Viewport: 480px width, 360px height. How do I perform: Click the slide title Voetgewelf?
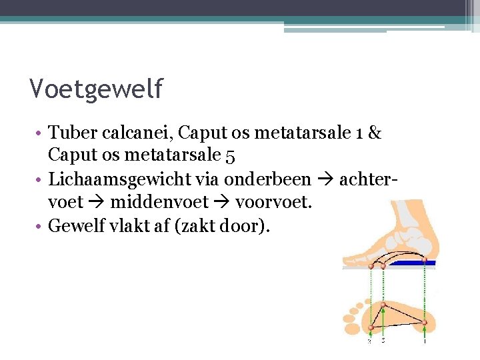96,88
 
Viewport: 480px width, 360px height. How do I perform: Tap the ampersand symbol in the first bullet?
374,133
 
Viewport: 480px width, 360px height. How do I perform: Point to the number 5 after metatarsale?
230,157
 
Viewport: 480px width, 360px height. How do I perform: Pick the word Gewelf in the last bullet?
76,226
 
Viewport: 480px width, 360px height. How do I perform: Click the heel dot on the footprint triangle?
425,322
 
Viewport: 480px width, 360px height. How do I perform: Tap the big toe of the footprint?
353,327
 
